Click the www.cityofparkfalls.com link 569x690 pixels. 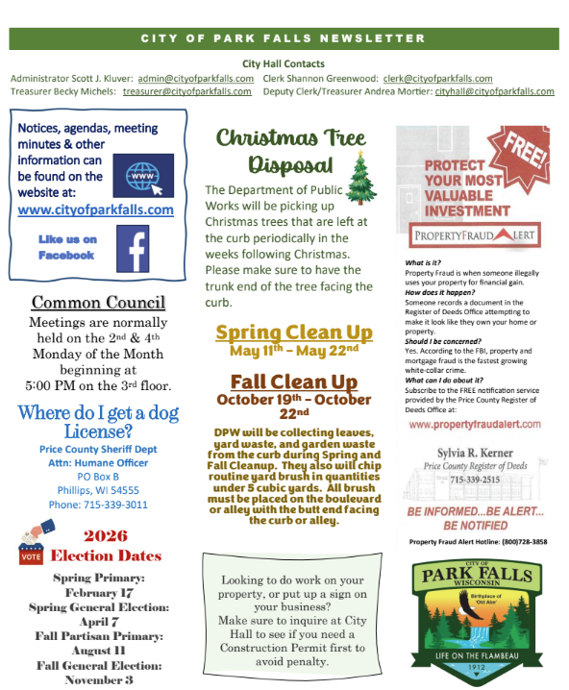point(96,209)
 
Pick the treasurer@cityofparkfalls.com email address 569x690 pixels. point(187,91)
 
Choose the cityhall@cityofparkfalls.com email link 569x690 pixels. point(494,91)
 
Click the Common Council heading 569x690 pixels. point(98,302)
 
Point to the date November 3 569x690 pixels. point(101,679)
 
